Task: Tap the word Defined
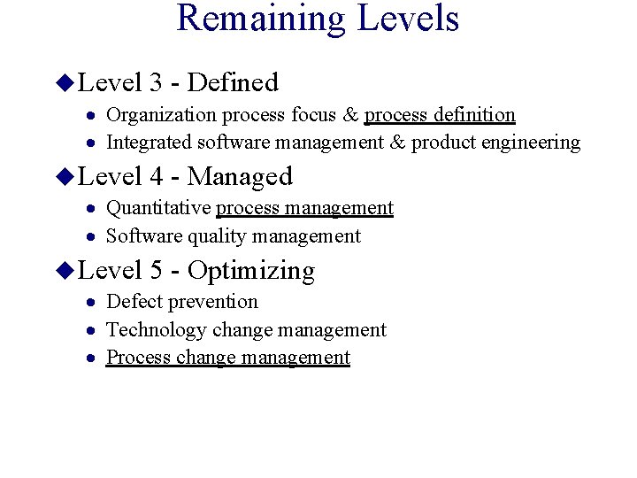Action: point(233,82)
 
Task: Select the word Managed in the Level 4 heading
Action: point(240,176)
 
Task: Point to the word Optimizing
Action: point(251,270)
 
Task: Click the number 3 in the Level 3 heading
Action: point(156,82)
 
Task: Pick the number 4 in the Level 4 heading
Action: point(156,176)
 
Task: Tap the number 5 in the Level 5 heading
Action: point(156,270)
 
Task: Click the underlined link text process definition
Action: point(440,114)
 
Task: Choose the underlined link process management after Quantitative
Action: point(304,208)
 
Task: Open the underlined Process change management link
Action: point(228,357)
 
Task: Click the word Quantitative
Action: point(158,208)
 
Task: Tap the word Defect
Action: point(134,301)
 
